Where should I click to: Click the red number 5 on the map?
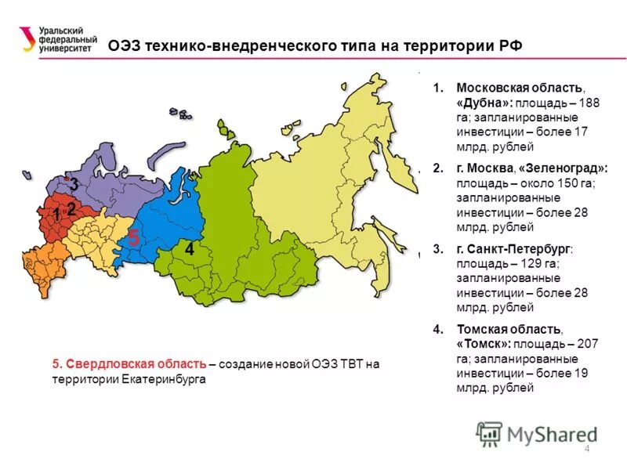134,238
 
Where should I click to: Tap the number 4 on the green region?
189,249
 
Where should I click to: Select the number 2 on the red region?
71,209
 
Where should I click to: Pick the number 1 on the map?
56,214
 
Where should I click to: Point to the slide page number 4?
586,447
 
